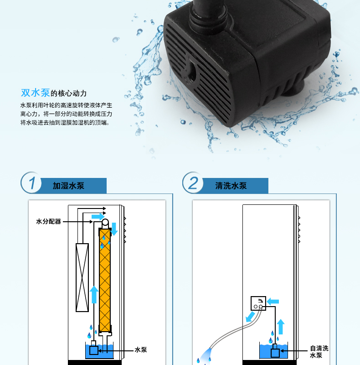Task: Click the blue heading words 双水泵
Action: pyautogui.click(x=36, y=93)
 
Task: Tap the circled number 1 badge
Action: pyautogui.click(x=31, y=182)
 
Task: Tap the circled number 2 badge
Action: pyautogui.click(x=193, y=182)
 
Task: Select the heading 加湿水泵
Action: pyautogui.click(x=68, y=186)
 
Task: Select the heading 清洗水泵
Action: pyautogui.click(x=231, y=186)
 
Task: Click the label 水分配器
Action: pyautogui.click(x=48, y=221)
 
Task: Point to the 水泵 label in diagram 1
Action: pyautogui.click(x=141, y=349)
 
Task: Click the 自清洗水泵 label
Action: pyautogui.click(x=319, y=351)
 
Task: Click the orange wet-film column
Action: pyautogui.click(x=105, y=280)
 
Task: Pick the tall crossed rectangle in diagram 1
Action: pyautogui.click(x=82, y=277)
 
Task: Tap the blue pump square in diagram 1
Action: pyautogui.click(x=94, y=350)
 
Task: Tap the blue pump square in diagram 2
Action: pyautogui.click(x=275, y=353)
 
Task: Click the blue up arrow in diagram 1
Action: pyautogui.click(x=94, y=295)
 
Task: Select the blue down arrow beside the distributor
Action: pyautogui.click(x=114, y=229)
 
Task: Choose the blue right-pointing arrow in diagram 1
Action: pyautogui.click(x=98, y=217)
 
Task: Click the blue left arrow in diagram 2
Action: pyautogui.click(x=273, y=302)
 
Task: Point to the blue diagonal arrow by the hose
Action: pyautogui.click(x=250, y=317)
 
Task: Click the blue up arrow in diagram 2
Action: pyautogui.click(x=281, y=327)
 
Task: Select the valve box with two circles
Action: pyautogui.click(x=258, y=303)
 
